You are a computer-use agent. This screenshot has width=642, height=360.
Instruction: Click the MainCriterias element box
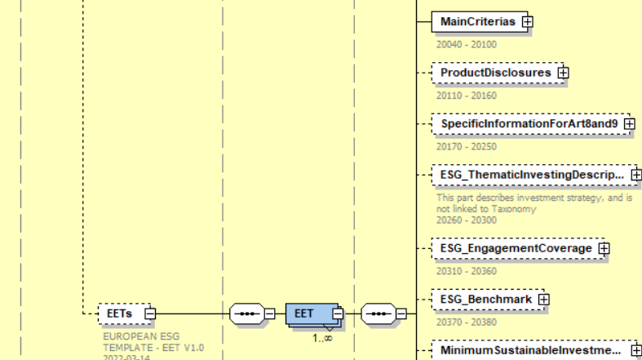pyautogui.click(x=477, y=22)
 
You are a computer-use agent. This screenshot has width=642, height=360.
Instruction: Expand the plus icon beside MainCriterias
pyautogui.click(x=527, y=22)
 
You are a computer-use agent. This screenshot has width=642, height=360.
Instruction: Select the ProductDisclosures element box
pyautogui.click(x=495, y=73)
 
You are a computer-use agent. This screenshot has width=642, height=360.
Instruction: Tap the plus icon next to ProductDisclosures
pyautogui.click(x=563, y=73)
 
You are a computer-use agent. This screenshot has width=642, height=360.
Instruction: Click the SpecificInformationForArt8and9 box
pyautogui.click(x=530, y=123)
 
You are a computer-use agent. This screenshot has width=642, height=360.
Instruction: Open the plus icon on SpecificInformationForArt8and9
pyautogui.click(x=629, y=123)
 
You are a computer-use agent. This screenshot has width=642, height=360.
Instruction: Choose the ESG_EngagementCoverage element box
pyautogui.click(x=516, y=248)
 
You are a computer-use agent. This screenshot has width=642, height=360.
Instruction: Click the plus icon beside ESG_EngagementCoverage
pyautogui.click(x=604, y=248)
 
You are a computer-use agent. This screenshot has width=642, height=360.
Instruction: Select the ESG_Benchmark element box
pyautogui.click(x=485, y=300)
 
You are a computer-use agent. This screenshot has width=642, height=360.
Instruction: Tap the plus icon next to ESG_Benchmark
pyautogui.click(x=544, y=300)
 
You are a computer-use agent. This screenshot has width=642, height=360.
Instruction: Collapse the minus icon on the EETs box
pyautogui.click(x=150, y=313)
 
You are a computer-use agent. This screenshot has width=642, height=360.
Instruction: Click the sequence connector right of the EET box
pyautogui.click(x=379, y=313)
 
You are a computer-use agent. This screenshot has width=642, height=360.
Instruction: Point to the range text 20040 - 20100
pyautogui.click(x=466, y=45)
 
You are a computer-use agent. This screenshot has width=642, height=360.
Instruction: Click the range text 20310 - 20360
pyautogui.click(x=466, y=271)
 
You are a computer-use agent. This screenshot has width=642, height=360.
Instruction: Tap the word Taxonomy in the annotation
pyautogui.click(x=515, y=209)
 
